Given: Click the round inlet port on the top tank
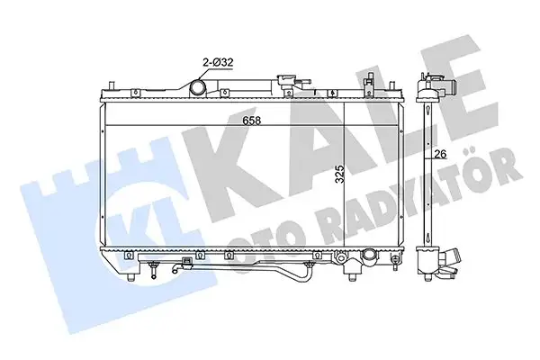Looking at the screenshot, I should pyautogui.click(x=197, y=87).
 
